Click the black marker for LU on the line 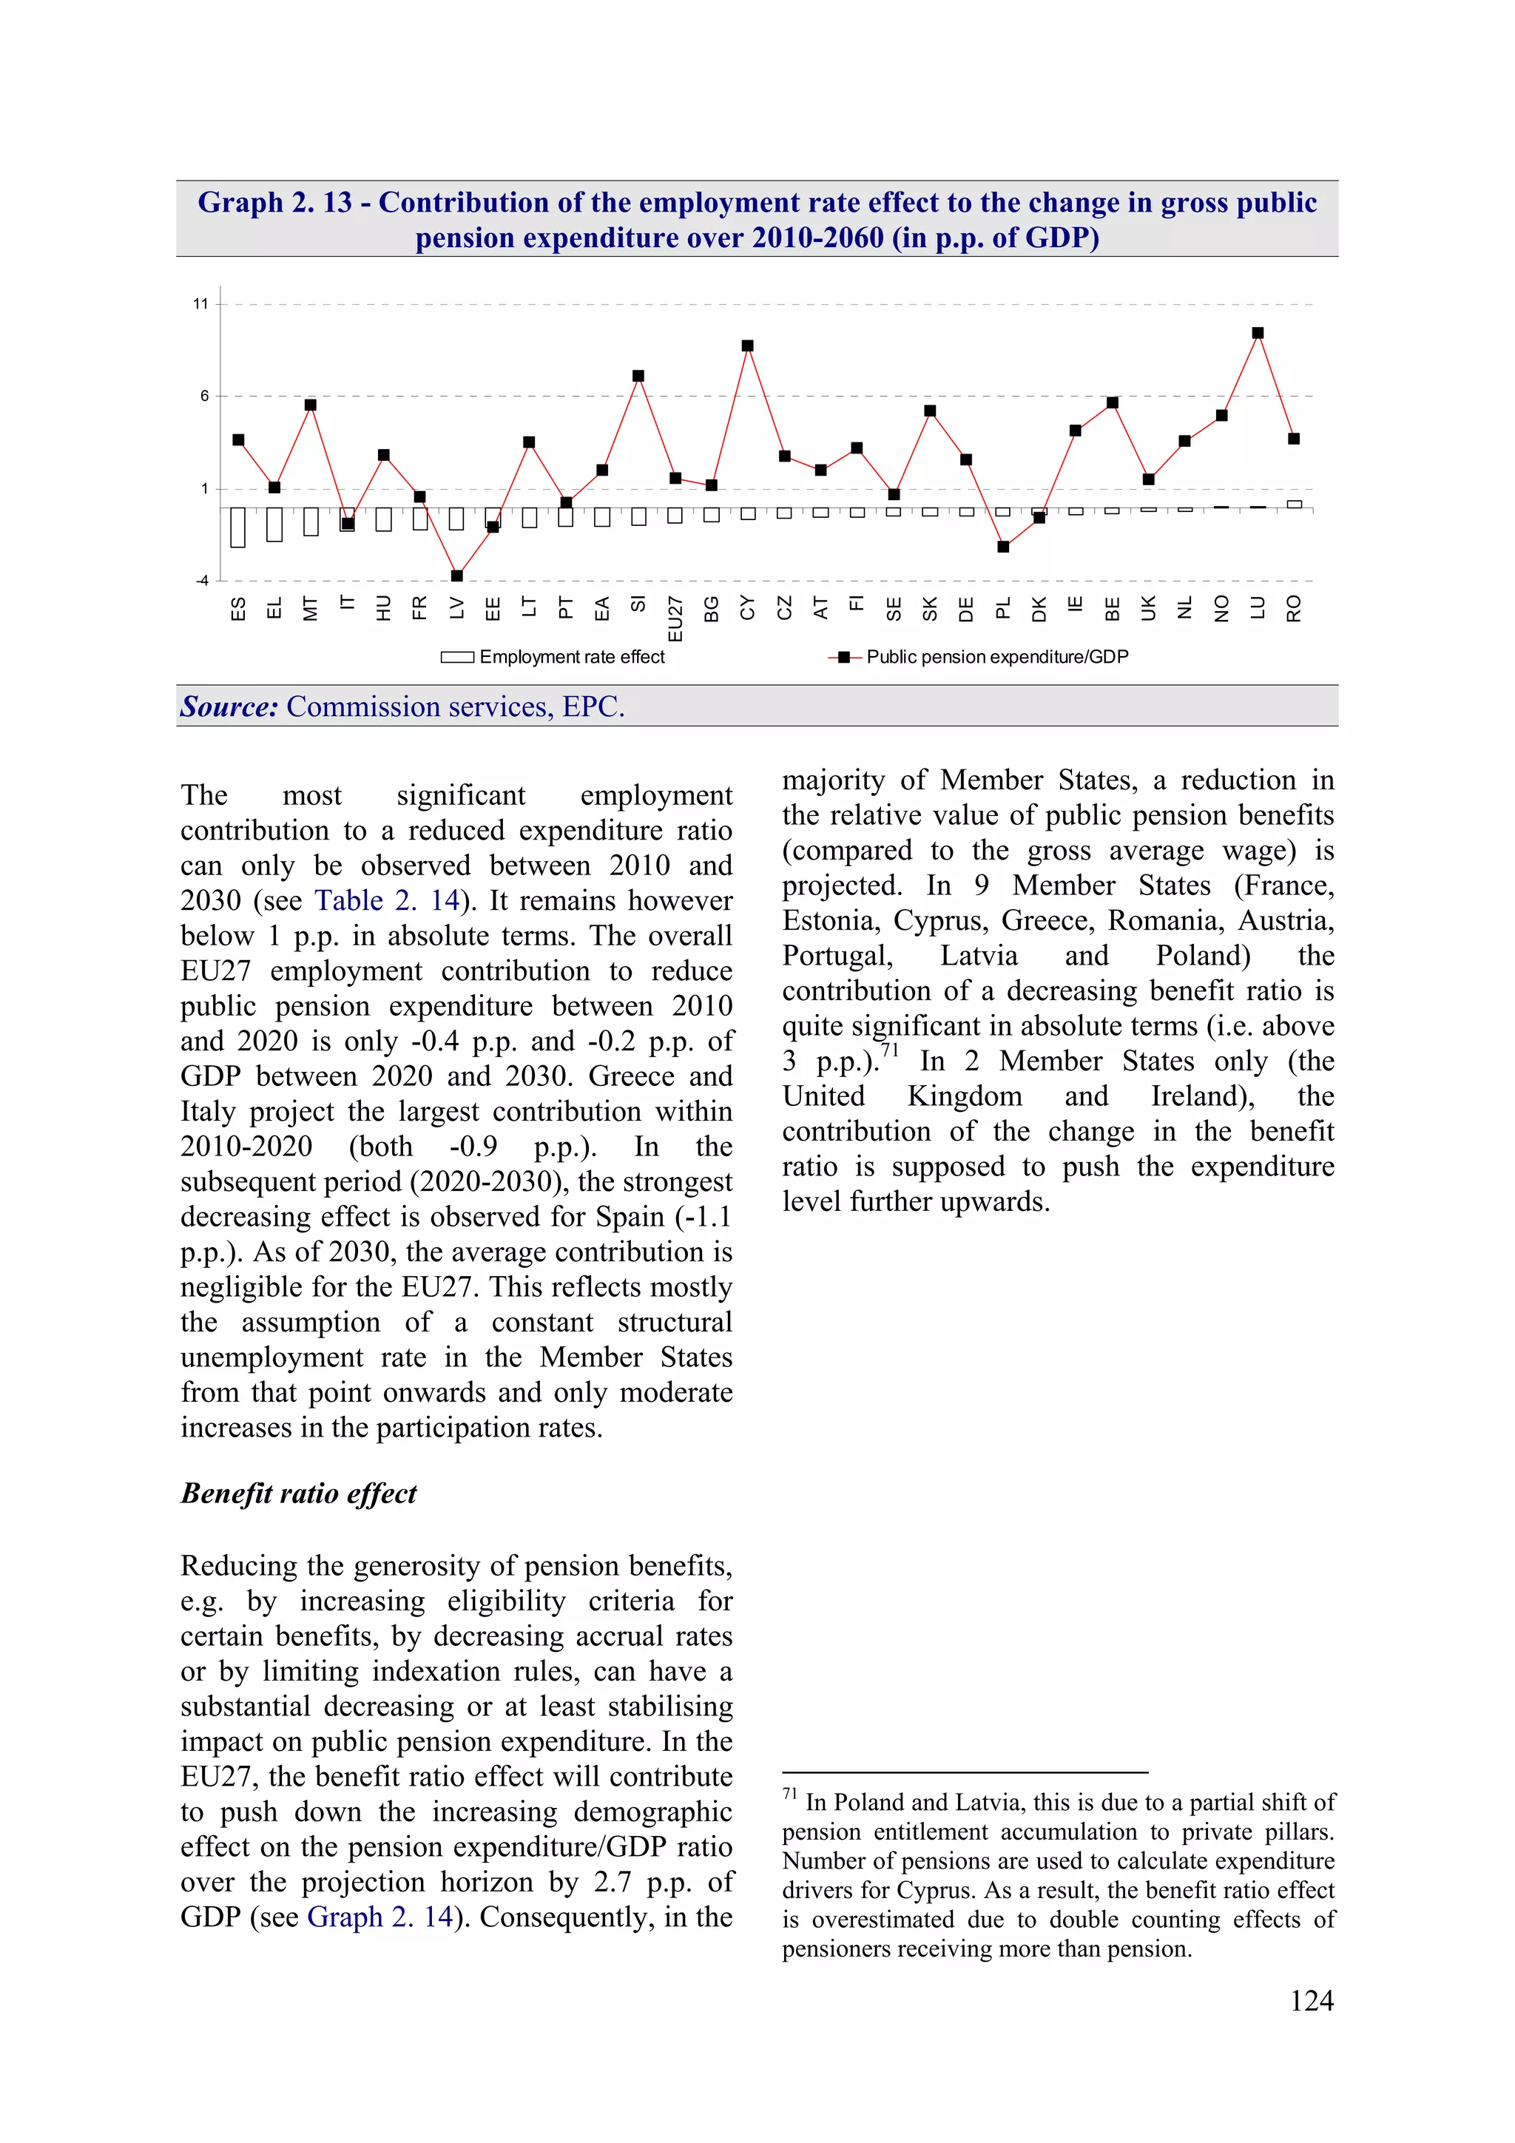[1258, 333]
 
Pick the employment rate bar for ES [238, 527]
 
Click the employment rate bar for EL [274, 524]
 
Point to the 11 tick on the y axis [200, 304]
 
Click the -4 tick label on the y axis [202, 581]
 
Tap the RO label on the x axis [1294, 610]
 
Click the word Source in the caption [229, 707]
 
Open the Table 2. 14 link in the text [386, 901]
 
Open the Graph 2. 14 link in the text [380, 1917]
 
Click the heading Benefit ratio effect [299, 1494]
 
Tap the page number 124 [1312, 2000]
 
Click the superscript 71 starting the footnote [790, 1794]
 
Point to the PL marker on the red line [1002, 547]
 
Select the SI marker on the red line [638, 376]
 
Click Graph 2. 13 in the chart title [275, 203]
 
